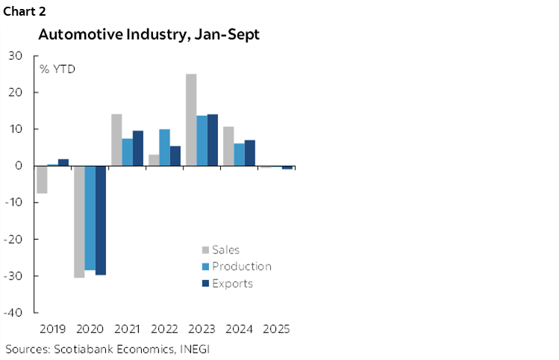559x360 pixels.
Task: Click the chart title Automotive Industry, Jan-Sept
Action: coord(149,35)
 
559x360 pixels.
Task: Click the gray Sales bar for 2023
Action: coord(191,120)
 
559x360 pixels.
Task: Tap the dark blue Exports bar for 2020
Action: coord(100,220)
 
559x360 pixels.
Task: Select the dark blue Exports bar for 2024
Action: coord(250,152)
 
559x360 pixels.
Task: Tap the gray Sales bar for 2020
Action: coord(78,221)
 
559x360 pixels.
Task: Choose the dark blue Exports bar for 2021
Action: coord(137,148)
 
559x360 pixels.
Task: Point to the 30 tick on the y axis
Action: coord(16,56)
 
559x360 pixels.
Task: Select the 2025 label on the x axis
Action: coord(276,329)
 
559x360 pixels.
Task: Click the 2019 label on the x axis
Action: coord(52,329)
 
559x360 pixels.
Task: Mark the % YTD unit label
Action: coord(57,69)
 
